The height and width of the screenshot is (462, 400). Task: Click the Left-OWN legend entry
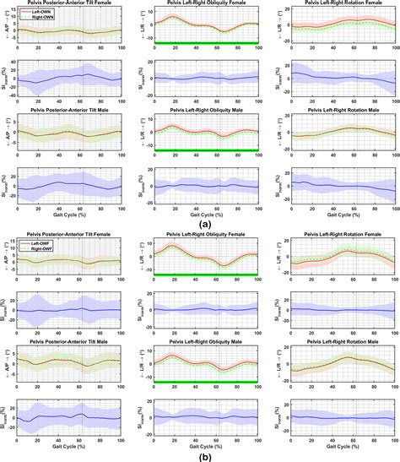[x=37, y=11]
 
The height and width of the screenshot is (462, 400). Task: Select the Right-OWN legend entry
[x=38, y=16]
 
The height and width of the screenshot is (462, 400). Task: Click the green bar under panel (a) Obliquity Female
[x=203, y=41]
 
